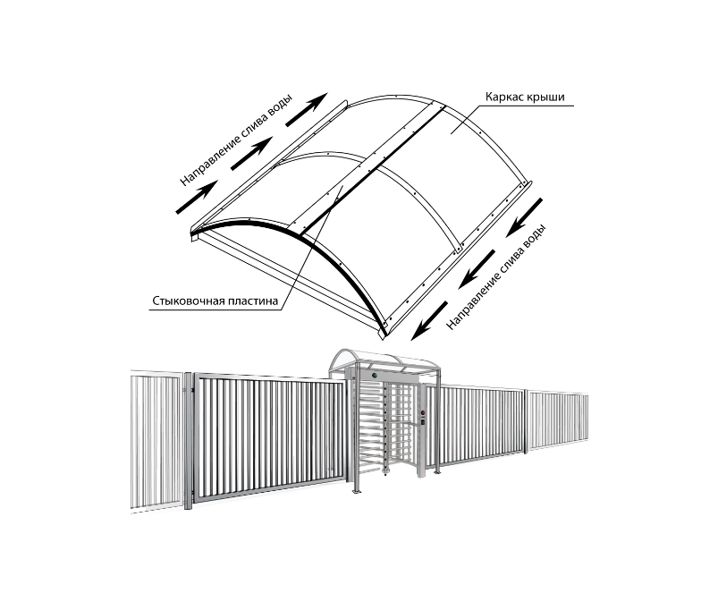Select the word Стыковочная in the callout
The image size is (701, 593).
pos(188,301)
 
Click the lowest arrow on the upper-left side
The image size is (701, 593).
pos(197,197)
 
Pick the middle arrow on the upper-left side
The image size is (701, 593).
pos(251,154)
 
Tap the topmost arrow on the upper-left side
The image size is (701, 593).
pos(307,109)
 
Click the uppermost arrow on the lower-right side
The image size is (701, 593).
pos(525,218)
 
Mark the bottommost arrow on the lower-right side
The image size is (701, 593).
pos(429,320)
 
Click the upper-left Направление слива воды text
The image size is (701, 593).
pos(236,140)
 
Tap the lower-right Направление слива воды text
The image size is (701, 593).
pos(496,277)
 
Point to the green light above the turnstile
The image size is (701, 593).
pos(375,376)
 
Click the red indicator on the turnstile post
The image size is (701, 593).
pos(423,412)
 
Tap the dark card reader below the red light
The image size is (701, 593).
pos(423,420)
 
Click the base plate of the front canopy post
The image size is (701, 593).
pos(356,492)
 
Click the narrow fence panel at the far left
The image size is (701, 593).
pos(156,440)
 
